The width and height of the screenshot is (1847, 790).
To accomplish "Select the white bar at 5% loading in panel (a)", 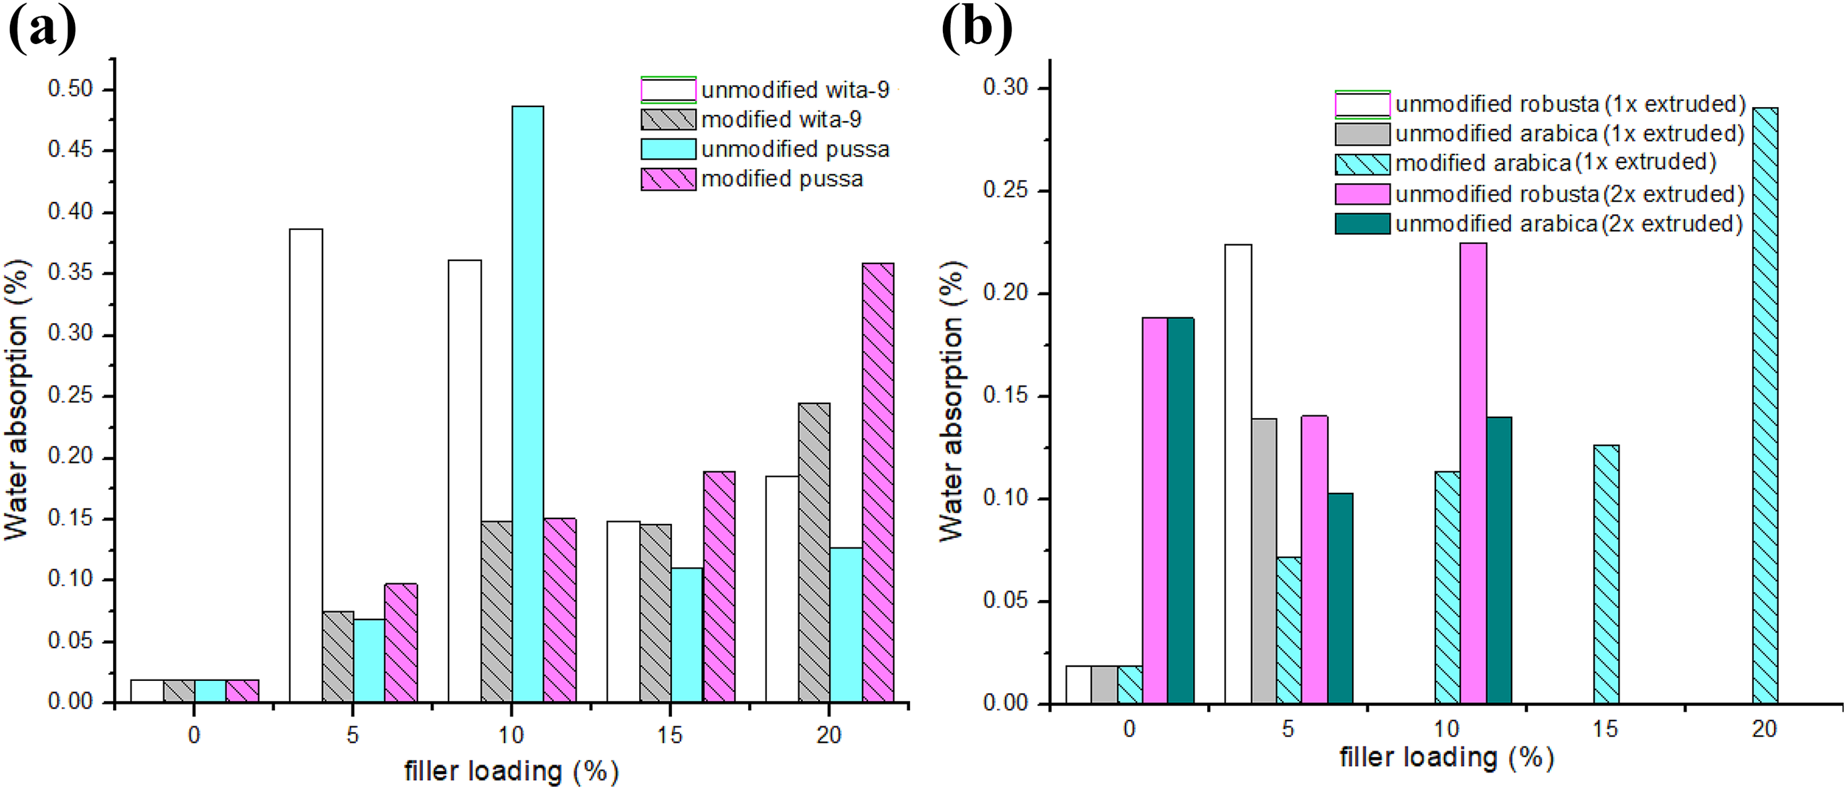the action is [x=306, y=466].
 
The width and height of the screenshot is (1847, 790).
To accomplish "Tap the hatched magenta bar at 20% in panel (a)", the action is [x=877, y=482].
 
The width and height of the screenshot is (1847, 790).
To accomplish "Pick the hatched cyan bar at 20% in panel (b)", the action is [x=1765, y=406].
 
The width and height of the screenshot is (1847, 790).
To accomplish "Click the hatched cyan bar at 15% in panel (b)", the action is [x=1606, y=574].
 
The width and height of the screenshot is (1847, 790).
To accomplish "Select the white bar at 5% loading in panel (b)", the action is [x=1238, y=474].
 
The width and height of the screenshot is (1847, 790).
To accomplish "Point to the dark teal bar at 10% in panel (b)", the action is [x=1498, y=560].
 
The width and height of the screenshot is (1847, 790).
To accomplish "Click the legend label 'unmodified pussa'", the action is [x=795, y=149].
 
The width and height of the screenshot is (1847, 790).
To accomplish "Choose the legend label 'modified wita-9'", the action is [x=781, y=119].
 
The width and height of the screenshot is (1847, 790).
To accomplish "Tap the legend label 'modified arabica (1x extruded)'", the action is [x=1555, y=163].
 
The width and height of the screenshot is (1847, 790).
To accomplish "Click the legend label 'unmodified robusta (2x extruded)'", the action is [x=1569, y=193].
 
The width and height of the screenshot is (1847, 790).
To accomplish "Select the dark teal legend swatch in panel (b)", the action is [x=1362, y=223].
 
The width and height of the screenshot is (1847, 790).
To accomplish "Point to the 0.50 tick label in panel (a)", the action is [x=70, y=89].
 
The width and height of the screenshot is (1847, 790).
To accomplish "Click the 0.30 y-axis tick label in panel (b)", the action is [x=1006, y=88].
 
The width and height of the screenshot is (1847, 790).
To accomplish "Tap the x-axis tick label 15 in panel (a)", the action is [x=670, y=736].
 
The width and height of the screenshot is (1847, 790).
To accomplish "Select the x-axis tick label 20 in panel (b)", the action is [x=1765, y=729].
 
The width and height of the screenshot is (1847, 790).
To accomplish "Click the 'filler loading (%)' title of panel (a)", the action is [x=511, y=771].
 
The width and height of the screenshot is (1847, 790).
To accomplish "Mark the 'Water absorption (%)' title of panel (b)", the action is [x=952, y=401].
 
